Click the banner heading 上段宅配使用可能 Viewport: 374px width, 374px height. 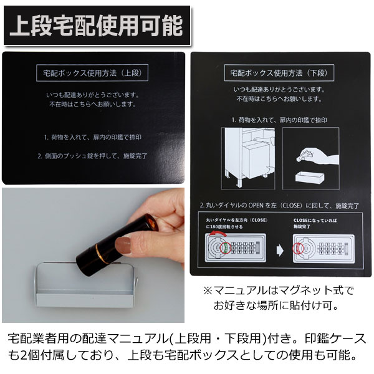[x=97, y=25]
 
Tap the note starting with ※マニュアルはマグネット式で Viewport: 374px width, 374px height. [x=278, y=291]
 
